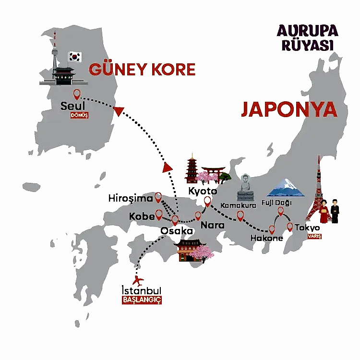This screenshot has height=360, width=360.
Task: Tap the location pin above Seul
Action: click(76, 94)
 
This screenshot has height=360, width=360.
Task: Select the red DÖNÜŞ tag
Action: click(79, 116)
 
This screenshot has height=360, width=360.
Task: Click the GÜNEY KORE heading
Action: click(142, 70)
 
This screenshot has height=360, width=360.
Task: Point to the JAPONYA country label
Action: click(289, 109)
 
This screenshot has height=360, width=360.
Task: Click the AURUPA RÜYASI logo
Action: click(307, 38)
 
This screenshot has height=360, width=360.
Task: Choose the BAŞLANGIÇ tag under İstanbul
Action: click(142, 300)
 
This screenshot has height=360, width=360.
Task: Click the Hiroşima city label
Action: click(131, 198)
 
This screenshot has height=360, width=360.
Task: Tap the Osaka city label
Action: click(177, 231)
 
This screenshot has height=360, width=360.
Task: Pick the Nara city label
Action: click(212, 225)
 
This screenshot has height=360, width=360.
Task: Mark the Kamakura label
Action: click(238, 205)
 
